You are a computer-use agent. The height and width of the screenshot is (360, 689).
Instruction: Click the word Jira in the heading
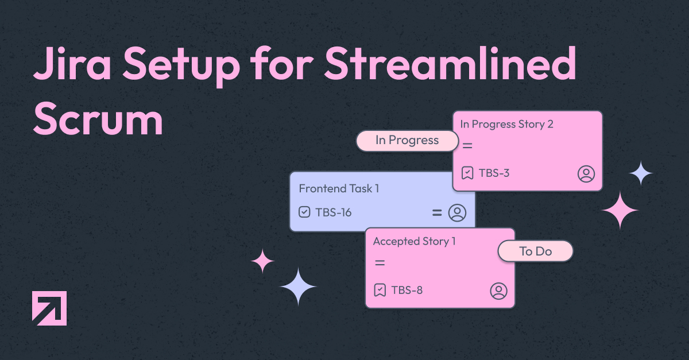(x=72, y=64)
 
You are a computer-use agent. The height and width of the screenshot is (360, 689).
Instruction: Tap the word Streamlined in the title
(x=450, y=63)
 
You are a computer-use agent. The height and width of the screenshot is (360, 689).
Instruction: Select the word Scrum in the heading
(x=98, y=118)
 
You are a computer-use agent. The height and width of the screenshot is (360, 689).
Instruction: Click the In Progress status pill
(x=407, y=141)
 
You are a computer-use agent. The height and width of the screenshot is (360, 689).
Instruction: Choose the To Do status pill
(x=536, y=251)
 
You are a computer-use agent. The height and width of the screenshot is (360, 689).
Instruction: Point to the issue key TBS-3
(x=494, y=173)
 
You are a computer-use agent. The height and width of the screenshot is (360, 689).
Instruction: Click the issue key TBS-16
(x=334, y=212)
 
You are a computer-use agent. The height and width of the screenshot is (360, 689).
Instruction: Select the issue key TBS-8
(x=407, y=290)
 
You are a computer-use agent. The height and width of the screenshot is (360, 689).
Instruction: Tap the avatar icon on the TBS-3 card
(x=586, y=174)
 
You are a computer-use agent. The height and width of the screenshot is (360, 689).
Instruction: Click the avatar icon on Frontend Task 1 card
(x=457, y=212)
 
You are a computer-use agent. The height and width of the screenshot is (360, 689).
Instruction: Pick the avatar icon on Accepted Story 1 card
(x=498, y=291)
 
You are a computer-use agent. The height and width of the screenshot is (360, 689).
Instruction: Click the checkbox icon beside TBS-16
(x=304, y=212)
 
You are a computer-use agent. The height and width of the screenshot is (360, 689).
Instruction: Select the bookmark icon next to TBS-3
(x=467, y=173)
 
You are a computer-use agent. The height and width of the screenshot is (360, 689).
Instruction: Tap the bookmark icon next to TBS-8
(x=380, y=290)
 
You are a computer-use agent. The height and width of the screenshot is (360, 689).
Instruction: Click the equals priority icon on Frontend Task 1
(x=437, y=212)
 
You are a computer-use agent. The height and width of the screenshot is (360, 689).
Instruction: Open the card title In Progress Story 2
(x=506, y=125)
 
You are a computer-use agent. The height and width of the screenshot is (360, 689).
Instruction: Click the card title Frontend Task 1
(x=339, y=188)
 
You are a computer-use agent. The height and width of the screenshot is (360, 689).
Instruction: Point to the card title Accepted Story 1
(x=415, y=242)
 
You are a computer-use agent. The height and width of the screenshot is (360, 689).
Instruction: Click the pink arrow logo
(x=49, y=308)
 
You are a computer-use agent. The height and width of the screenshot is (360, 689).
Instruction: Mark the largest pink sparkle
(x=620, y=210)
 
